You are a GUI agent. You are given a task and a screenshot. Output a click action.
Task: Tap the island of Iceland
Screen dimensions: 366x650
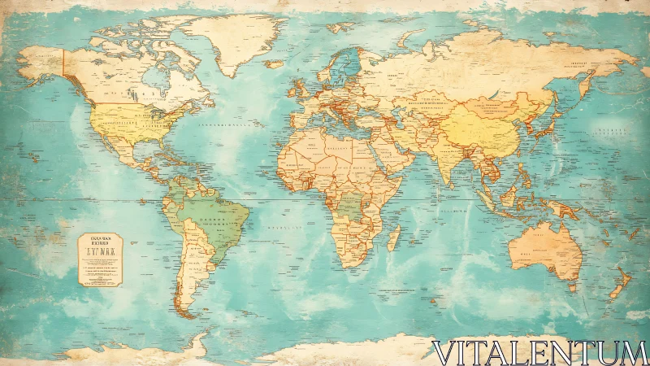(x=275, y=63)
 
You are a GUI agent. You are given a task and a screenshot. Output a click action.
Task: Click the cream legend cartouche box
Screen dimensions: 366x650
(x=99, y=259)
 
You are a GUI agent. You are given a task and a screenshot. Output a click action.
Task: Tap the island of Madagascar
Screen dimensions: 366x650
(x=394, y=237)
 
